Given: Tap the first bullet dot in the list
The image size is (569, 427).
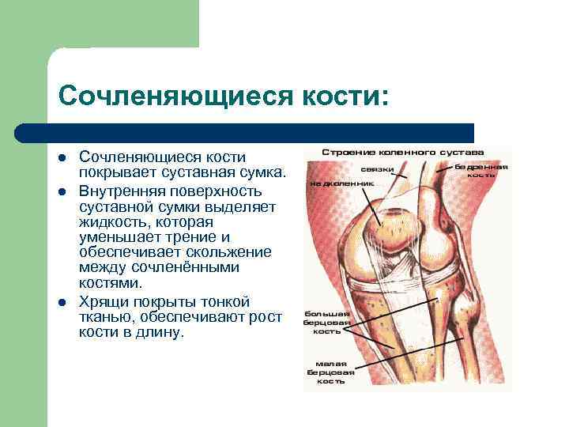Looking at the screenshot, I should point(62,158).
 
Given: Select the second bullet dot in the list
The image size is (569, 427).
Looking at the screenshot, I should point(62,192).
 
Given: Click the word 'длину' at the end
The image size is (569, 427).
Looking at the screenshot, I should point(161,333).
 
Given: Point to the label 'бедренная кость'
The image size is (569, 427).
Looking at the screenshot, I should point(481,171).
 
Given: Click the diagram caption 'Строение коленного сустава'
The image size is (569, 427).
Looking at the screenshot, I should point(404,151).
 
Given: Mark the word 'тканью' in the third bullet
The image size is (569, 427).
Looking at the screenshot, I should point(102,318).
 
